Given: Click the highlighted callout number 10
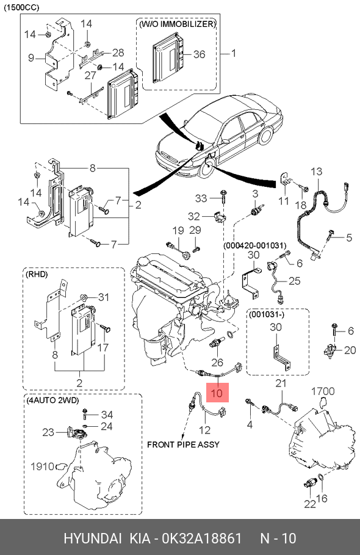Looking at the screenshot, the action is point(217,393).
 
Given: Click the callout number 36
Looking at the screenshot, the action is point(199,54).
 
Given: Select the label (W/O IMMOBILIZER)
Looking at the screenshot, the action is point(177,24).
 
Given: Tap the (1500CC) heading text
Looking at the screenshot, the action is point(21,7).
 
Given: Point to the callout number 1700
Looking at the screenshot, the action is point(323,391).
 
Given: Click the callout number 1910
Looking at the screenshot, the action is point(42,466).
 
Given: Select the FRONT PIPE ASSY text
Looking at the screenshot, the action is point(183,444).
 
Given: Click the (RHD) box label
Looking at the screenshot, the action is point(36,274).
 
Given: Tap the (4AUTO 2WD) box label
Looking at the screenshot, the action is point(52,400).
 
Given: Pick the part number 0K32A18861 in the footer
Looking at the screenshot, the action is point(201,539).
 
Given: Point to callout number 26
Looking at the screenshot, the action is point(217,362).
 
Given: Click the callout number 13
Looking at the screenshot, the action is point(317,172).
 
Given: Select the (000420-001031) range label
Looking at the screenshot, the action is point(254,245).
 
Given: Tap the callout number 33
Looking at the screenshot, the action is point(201,198).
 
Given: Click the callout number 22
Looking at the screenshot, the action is point(310,504).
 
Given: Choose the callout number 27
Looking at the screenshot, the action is point(90,75).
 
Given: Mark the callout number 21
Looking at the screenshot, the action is point(281,383).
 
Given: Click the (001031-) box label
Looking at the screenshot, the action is point(267,314).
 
